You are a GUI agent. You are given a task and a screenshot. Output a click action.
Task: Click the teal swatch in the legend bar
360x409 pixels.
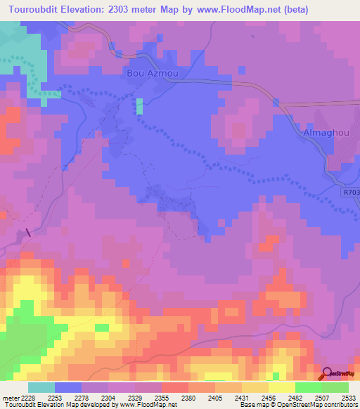coord(41,387)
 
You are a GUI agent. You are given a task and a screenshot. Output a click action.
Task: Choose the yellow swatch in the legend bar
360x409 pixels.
coord(282,387)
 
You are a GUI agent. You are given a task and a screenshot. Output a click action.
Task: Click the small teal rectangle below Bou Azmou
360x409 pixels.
coord(139,105)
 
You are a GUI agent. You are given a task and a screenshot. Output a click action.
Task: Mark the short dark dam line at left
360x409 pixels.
coord(28,233)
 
